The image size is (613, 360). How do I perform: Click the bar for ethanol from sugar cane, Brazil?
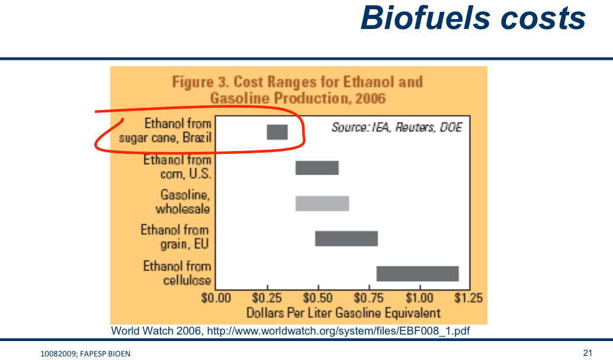277,132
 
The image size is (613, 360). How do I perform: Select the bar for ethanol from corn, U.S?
317,168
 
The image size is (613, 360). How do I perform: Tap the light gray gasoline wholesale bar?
322,204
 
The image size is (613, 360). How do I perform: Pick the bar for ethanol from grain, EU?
346,239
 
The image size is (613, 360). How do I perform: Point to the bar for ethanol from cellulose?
418,274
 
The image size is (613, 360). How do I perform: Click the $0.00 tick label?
216,298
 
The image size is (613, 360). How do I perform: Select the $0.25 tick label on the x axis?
267,298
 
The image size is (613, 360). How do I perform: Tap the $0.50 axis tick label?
318,298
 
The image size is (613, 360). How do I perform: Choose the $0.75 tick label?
368,298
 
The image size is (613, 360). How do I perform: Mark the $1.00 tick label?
419,298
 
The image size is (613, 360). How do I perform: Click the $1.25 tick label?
468,298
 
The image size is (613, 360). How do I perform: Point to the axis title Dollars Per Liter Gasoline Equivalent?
344,313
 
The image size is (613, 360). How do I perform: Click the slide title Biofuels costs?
473,18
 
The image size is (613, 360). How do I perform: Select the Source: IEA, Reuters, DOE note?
397,127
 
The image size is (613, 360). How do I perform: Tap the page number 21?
588,352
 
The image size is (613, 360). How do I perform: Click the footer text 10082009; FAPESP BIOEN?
85,353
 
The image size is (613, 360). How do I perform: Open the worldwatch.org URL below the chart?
338,330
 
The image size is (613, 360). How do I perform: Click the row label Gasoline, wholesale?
183,202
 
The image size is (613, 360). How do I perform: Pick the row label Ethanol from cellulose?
177,273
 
